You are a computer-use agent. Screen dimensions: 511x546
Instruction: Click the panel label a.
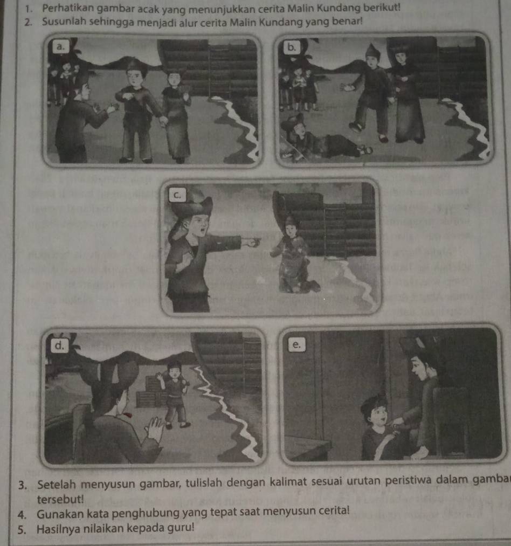click(60, 46)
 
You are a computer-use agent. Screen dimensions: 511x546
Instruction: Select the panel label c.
click(177, 195)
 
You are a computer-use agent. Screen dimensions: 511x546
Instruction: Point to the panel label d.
click(59, 345)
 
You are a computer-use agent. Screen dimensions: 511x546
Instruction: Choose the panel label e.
click(296, 344)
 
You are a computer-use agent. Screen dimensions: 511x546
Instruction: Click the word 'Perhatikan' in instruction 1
click(63, 9)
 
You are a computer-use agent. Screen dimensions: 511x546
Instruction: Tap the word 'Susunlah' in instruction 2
click(65, 22)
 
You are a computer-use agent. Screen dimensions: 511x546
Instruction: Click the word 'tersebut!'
click(60, 499)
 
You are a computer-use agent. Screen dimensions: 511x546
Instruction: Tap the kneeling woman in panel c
click(295, 255)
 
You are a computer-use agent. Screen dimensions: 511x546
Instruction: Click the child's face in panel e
click(378, 416)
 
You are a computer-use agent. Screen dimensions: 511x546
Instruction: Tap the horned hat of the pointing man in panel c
click(191, 206)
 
